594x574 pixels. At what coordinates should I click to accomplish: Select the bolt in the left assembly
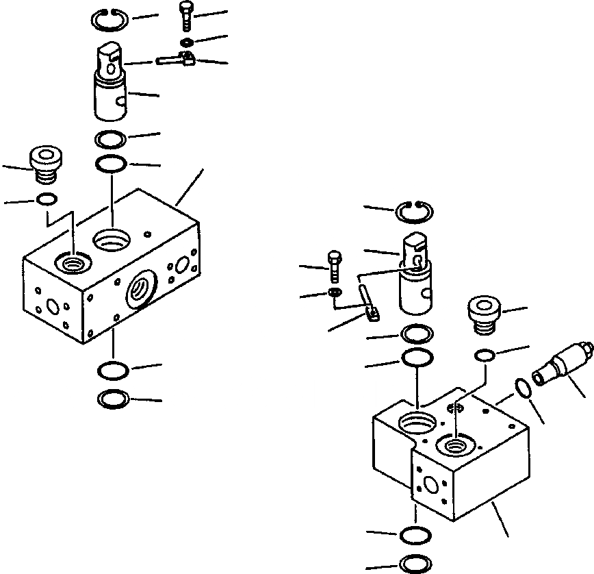pos(188,15)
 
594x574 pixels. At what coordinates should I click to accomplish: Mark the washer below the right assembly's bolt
pos(335,294)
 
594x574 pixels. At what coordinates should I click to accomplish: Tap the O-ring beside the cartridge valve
pos(523,388)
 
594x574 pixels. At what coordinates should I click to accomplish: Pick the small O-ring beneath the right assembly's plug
pos(485,355)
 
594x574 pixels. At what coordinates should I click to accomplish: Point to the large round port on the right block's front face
pos(431,485)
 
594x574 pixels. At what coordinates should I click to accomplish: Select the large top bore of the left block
pos(111,240)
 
